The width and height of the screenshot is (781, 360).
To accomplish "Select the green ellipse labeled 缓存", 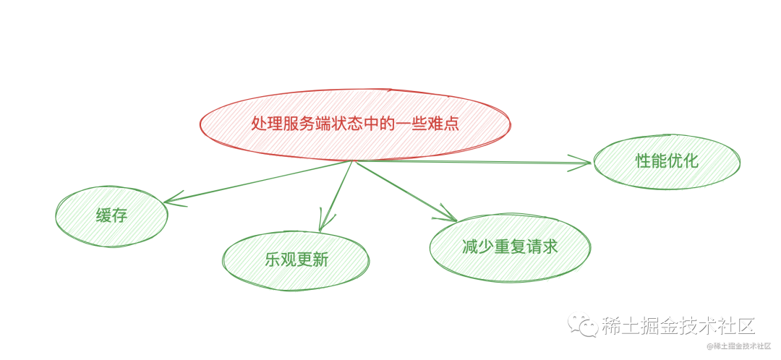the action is [111, 215].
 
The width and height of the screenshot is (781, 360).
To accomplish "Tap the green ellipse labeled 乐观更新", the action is [296, 261].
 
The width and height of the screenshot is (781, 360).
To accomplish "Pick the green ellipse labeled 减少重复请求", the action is [510, 247].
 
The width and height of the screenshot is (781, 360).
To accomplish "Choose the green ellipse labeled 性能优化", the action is [667, 161].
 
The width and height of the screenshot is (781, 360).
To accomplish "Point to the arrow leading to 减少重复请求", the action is [405, 190].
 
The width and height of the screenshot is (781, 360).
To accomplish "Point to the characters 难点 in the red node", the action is [440, 124].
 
